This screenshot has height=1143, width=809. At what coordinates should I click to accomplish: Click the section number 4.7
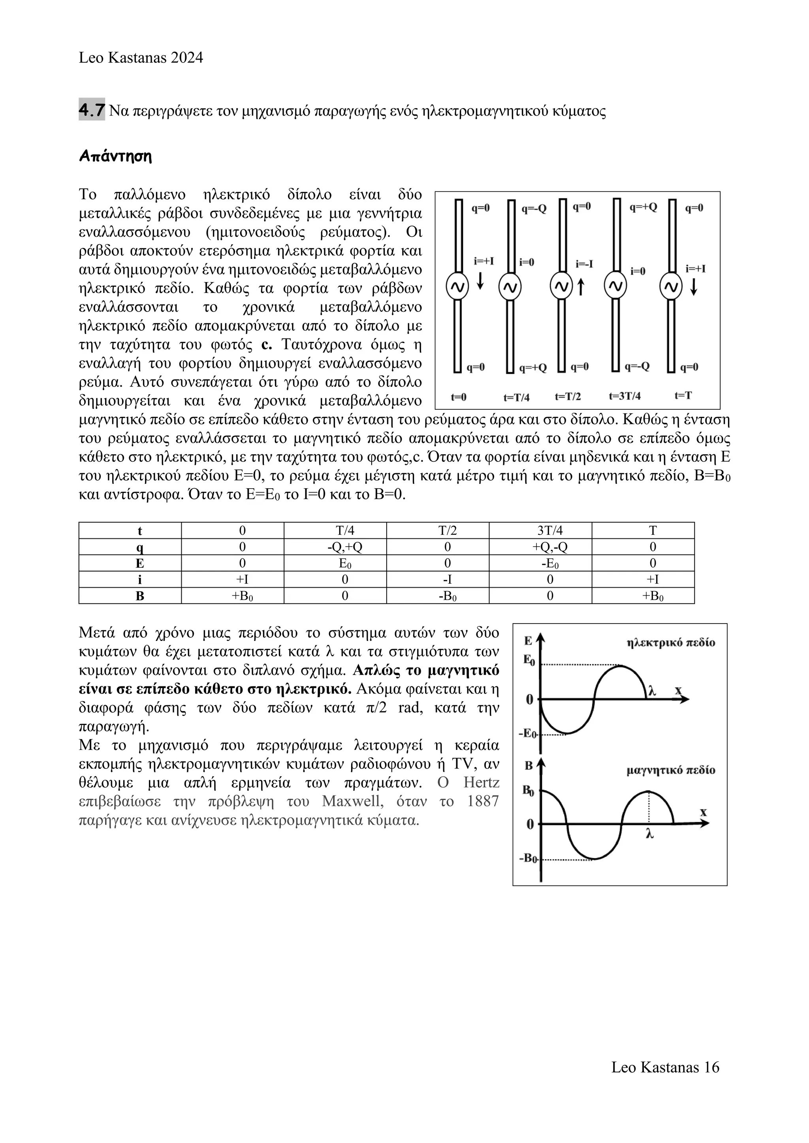[92, 111]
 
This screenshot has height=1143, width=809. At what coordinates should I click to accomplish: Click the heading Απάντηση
[115, 156]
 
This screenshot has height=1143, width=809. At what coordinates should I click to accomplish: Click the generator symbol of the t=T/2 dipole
[561, 287]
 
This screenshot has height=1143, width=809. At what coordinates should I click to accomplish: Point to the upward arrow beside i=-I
[580, 287]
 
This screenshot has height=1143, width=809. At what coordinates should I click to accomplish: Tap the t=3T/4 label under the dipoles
[625, 396]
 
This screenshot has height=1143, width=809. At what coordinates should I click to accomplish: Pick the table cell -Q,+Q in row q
[345, 547]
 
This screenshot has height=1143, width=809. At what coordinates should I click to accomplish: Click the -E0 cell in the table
[549, 564]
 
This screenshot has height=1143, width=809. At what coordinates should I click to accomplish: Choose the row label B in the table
[140, 596]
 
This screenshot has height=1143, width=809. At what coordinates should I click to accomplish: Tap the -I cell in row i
[447, 579]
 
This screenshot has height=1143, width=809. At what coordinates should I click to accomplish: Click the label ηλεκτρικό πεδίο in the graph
[670, 643]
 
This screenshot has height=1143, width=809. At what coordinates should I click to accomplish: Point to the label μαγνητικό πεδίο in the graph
[670, 771]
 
